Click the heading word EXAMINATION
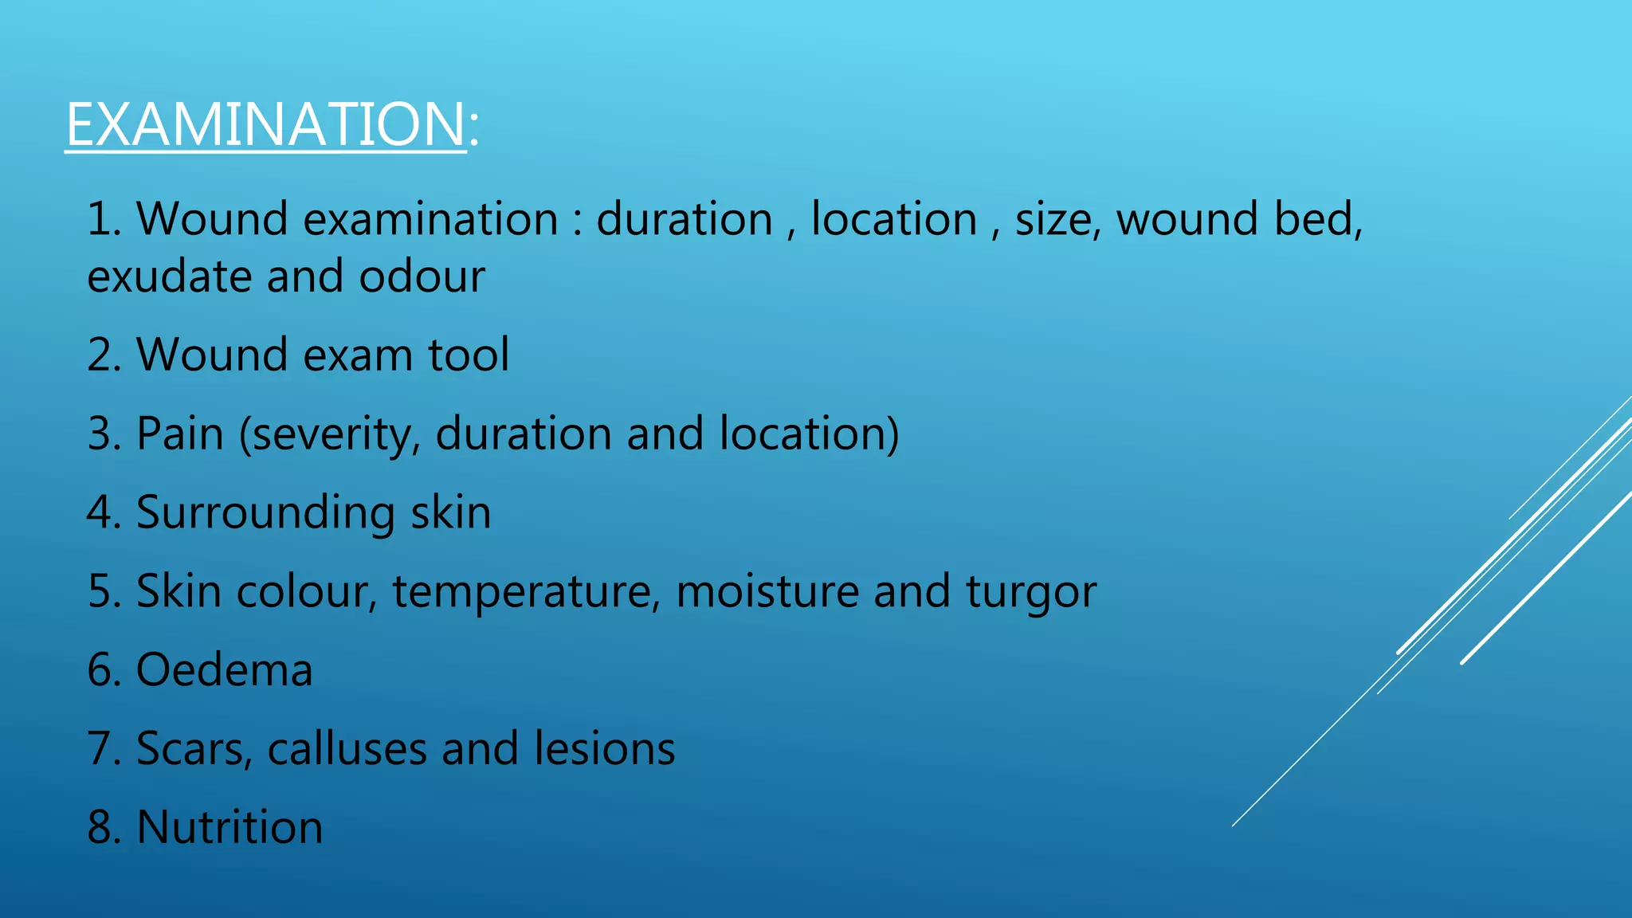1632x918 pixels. (265, 124)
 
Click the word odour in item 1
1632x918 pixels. (422, 277)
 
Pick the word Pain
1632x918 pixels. (180, 433)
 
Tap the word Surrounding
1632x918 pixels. (265, 512)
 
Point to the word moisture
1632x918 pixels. (767, 591)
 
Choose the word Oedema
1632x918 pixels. (225, 669)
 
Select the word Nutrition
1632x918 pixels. (229, 827)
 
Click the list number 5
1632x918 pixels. (101, 591)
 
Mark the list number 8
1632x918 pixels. (101, 827)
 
